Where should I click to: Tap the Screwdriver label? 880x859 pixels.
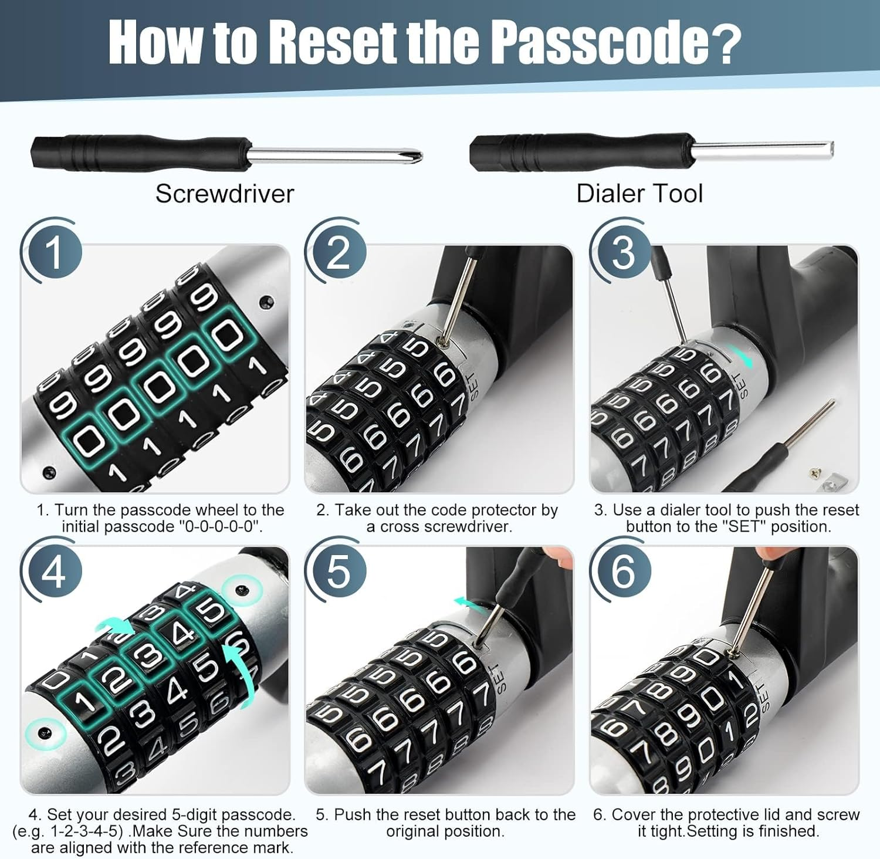click(x=224, y=194)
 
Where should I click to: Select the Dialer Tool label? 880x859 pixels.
click(x=639, y=194)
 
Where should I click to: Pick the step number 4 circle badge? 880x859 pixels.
click(x=53, y=571)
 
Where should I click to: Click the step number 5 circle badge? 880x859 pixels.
click(x=338, y=571)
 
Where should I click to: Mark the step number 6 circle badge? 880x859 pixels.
click(x=622, y=571)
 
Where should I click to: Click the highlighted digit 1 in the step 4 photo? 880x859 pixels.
click(x=85, y=700)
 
